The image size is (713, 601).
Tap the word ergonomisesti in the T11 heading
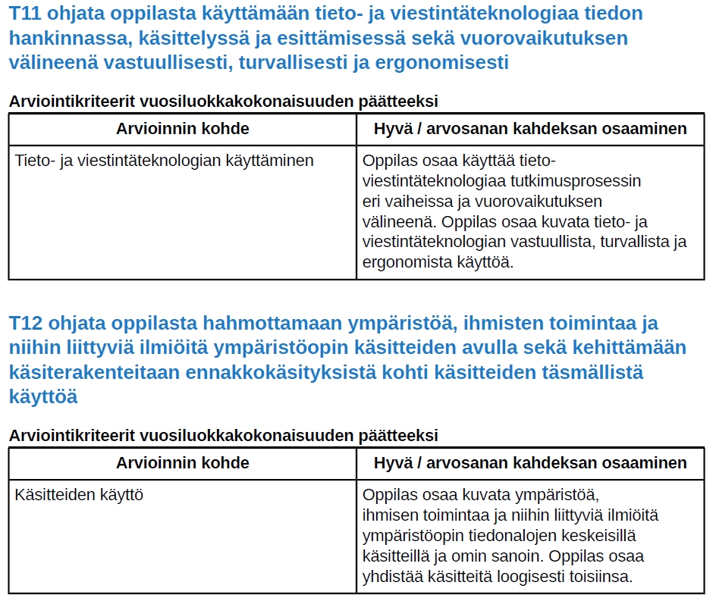[441, 63]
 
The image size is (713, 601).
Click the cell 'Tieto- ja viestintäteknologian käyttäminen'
[165, 161]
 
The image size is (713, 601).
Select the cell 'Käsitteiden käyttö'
[80, 496]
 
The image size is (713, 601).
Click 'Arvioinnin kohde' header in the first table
[182, 129]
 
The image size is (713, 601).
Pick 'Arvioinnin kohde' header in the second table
[182, 463]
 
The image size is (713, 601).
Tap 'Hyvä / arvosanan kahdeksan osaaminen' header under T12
[530, 463]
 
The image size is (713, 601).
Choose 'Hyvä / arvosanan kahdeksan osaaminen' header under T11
[530, 129]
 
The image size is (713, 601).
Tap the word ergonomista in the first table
[404, 263]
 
